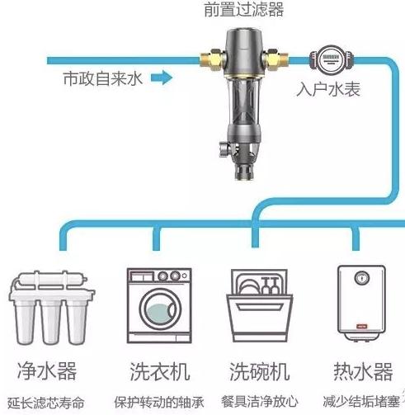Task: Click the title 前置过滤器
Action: pyautogui.click(x=243, y=10)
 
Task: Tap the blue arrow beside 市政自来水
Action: pyautogui.click(x=162, y=78)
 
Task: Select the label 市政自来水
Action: pyautogui.click(x=102, y=78)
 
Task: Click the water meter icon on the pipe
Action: pyautogui.click(x=332, y=60)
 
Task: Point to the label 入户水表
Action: pyautogui.click(x=328, y=89)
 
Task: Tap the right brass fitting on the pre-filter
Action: pyautogui.click(x=275, y=59)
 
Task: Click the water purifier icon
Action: pyautogui.click(x=51, y=308)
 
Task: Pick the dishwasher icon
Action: pyautogui.click(x=260, y=305)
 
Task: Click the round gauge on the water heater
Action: pyautogui.click(x=361, y=278)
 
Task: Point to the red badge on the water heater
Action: pyautogui.click(x=362, y=327)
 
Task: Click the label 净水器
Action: pyautogui.click(x=47, y=371)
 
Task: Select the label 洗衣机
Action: pyautogui.click(x=160, y=371)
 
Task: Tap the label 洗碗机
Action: pyautogui.click(x=259, y=371)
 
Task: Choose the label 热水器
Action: pyautogui.click(x=363, y=371)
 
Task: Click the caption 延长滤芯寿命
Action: pyautogui.click(x=45, y=403)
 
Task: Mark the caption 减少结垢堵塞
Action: pyautogui.click(x=361, y=402)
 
